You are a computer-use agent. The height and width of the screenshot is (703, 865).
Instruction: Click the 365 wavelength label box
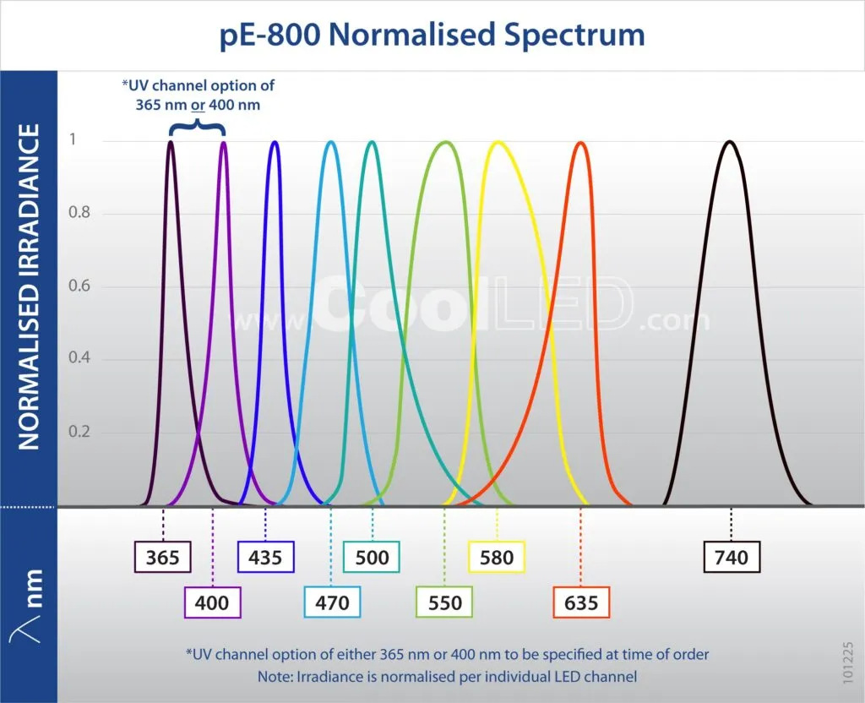[x=163, y=557]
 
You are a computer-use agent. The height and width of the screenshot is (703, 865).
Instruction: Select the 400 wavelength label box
[x=212, y=602]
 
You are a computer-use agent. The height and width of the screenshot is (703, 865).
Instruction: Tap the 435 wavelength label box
[x=265, y=557]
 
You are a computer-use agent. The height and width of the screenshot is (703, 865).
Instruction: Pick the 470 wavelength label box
[x=332, y=602]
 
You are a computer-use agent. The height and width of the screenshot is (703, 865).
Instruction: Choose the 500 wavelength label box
[x=372, y=557]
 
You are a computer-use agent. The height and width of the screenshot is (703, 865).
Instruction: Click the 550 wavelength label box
[x=444, y=602]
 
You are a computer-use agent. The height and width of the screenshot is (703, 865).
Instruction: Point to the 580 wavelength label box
[x=497, y=557]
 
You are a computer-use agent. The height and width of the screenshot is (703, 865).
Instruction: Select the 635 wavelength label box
[x=581, y=602]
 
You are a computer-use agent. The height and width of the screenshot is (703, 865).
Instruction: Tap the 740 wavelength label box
[x=732, y=557]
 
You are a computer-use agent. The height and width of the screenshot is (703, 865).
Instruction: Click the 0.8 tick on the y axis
[x=79, y=212]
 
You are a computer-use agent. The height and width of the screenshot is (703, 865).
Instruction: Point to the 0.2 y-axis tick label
[x=79, y=431]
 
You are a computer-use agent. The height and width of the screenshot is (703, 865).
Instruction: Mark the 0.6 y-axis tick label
[x=79, y=286]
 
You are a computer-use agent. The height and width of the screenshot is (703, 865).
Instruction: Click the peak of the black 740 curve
[x=729, y=142]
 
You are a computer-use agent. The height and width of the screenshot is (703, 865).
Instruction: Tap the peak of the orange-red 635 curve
[x=580, y=143]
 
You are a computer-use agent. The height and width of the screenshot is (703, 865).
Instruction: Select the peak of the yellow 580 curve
[x=498, y=143]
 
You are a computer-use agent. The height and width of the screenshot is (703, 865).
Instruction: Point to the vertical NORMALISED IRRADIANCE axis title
[x=29, y=286]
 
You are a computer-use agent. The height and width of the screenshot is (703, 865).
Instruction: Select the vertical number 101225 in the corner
[x=848, y=662]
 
